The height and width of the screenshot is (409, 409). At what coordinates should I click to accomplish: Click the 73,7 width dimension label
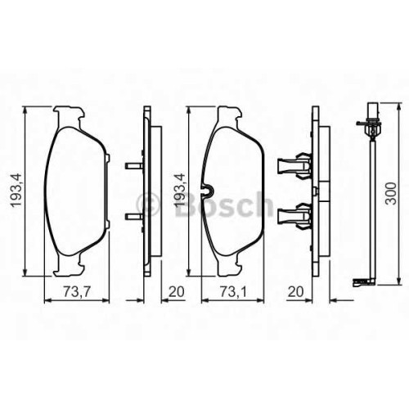click(x=77, y=292)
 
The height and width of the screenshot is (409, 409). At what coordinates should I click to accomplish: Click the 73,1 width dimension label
click(x=233, y=292)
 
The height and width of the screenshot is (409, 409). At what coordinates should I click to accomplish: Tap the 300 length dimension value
click(x=392, y=194)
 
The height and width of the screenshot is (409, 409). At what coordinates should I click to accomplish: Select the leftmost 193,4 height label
click(x=16, y=191)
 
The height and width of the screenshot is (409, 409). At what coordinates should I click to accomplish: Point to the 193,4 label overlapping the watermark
click(x=180, y=191)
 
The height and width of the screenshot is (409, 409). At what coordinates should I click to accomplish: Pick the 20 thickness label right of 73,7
click(x=177, y=292)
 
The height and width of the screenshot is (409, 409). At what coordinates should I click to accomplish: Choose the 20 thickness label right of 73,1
click(x=296, y=292)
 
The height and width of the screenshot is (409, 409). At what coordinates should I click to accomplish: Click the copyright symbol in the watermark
click(x=147, y=204)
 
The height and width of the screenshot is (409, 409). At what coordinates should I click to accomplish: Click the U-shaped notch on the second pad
click(x=207, y=190)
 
